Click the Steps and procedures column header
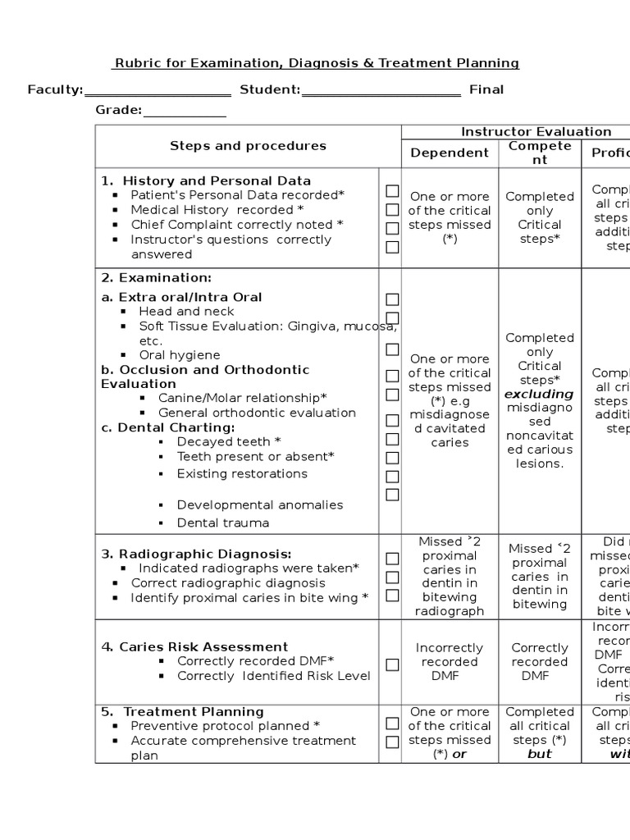248,146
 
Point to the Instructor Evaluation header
536,131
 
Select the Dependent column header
450,153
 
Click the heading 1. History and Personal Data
206,180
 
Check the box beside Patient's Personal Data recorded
392,191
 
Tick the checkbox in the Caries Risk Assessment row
392,664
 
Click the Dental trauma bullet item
223,523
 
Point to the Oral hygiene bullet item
180,355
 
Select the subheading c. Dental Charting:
168,427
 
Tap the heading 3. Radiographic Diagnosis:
197,554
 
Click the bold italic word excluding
539,394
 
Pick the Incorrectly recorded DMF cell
450,662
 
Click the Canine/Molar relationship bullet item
243,398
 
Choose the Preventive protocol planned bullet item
226,726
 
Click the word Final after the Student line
486,89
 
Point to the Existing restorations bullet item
242,473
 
